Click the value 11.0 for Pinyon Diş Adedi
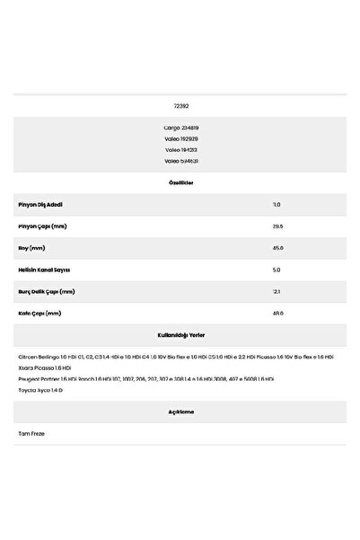point(277,205)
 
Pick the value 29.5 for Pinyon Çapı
point(277,226)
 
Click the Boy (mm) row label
point(32,248)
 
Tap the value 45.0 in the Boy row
point(277,248)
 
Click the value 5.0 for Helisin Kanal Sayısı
point(277,270)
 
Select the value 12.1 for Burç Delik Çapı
point(277,291)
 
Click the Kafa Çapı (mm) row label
point(40,314)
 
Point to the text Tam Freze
point(31,433)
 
